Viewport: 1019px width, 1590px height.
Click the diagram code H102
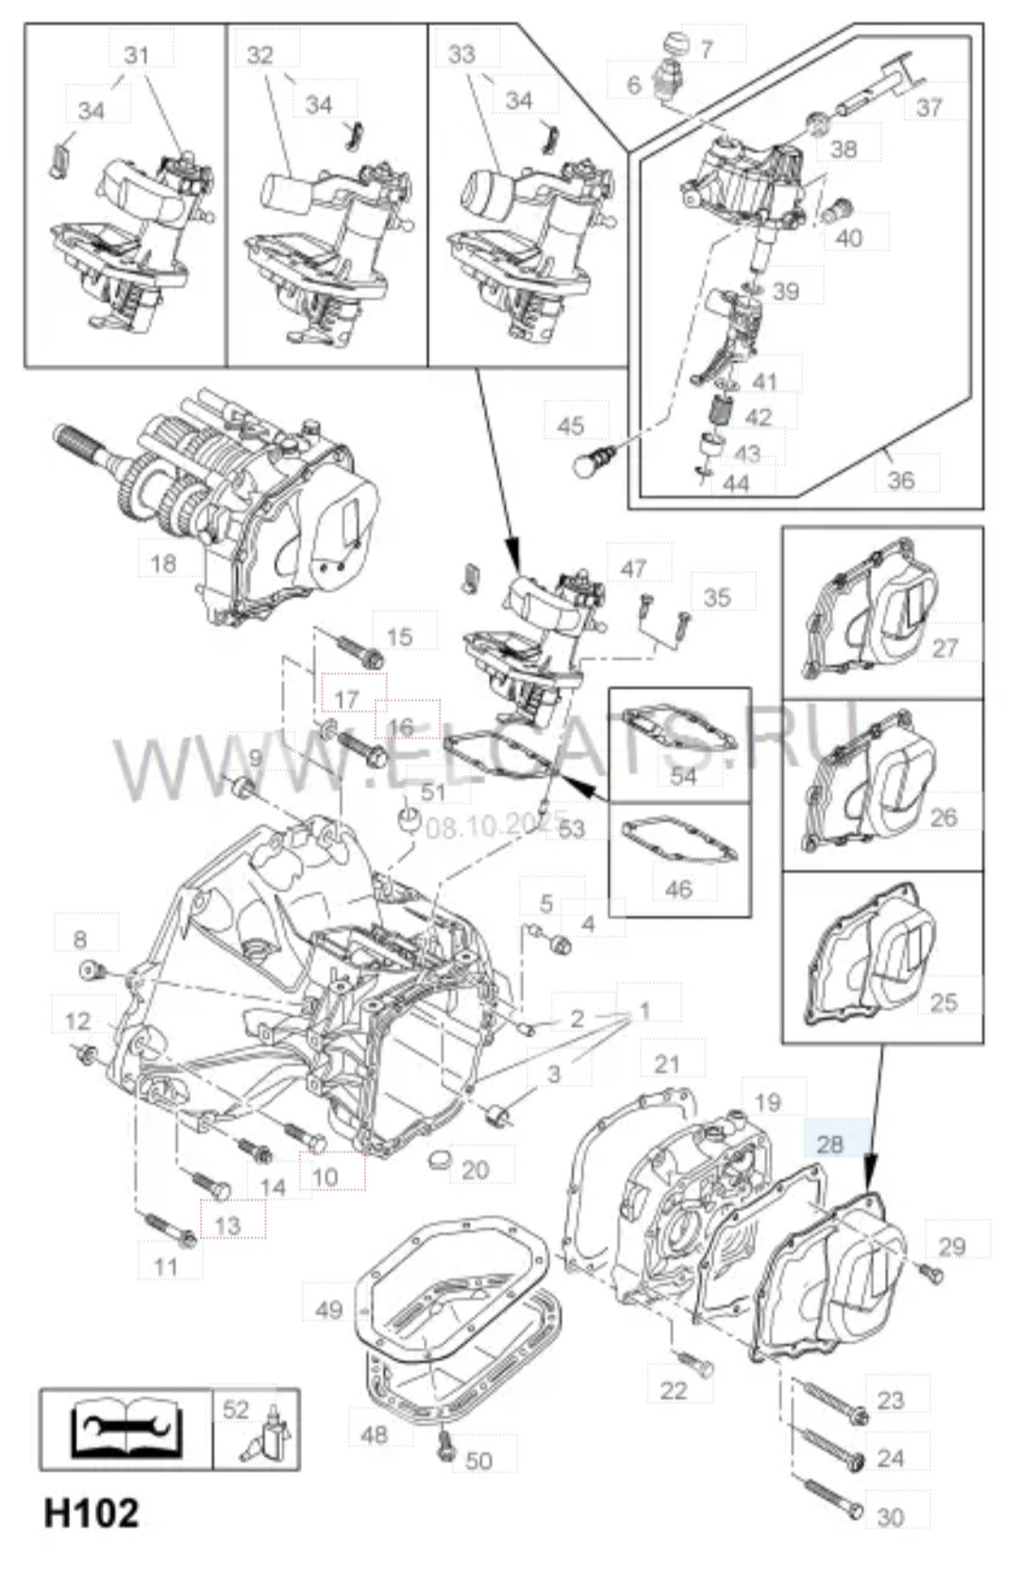(x=91, y=1513)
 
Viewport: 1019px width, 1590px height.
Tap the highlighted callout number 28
(x=828, y=1144)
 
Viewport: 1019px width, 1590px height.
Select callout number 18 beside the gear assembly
(x=163, y=564)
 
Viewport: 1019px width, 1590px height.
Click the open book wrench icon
(x=125, y=1430)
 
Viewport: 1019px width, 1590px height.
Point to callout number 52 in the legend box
(x=236, y=1409)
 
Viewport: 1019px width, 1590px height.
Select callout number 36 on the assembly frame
(x=900, y=479)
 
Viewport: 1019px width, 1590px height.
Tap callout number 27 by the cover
(x=944, y=647)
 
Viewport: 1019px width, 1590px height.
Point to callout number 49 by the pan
(x=328, y=1311)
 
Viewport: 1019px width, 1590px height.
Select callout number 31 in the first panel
(x=138, y=55)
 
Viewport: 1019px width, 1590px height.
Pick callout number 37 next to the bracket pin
(x=928, y=106)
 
